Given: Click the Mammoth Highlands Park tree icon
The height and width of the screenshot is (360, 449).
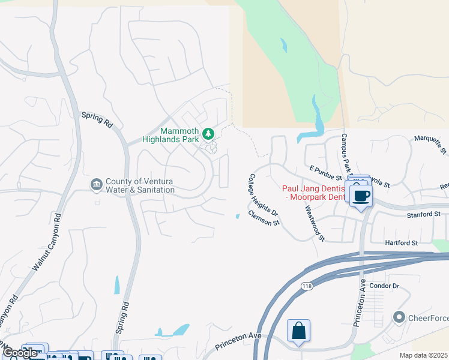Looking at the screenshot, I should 208,133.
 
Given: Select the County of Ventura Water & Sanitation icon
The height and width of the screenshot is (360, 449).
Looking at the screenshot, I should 97,184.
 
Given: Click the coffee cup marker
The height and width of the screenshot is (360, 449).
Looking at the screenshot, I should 361,196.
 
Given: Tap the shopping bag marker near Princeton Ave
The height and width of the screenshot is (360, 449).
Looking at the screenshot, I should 298,331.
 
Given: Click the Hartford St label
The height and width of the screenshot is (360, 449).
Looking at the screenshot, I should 402,242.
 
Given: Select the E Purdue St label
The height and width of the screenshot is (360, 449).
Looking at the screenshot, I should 325,174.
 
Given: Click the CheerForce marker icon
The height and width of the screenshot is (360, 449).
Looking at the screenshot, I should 399,316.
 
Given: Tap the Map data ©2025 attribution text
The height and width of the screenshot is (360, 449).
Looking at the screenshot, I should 423,356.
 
